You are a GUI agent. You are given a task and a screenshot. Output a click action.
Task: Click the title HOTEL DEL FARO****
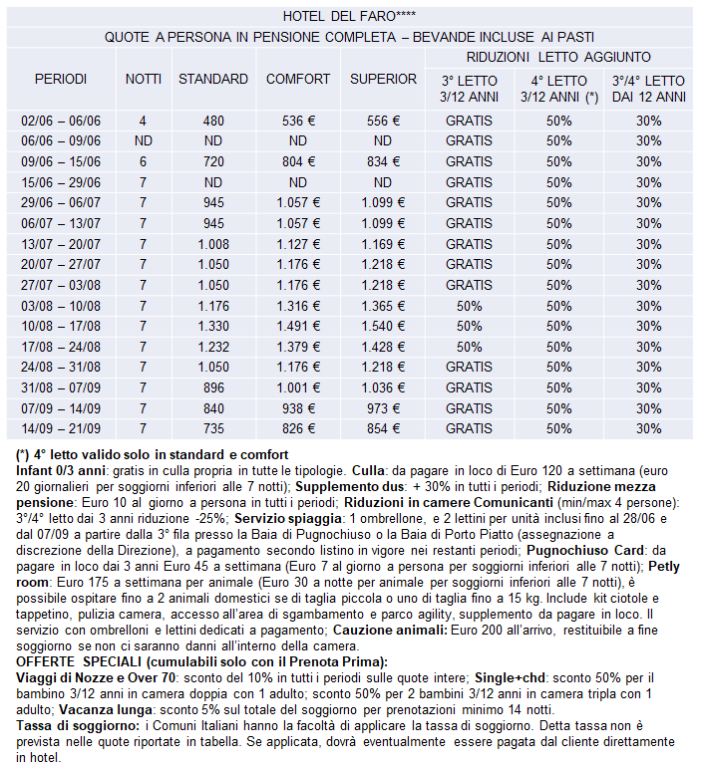click(349, 16)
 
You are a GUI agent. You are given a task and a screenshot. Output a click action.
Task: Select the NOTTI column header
click(143, 79)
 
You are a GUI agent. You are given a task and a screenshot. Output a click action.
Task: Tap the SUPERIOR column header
click(383, 79)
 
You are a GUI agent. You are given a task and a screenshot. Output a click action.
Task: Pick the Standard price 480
click(213, 121)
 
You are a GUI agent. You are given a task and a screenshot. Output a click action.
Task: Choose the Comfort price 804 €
click(298, 161)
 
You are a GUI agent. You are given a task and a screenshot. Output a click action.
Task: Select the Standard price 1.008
click(213, 244)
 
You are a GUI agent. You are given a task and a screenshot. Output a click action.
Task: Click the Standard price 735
click(213, 429)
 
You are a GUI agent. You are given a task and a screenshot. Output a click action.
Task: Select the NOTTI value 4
click(143, 121)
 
